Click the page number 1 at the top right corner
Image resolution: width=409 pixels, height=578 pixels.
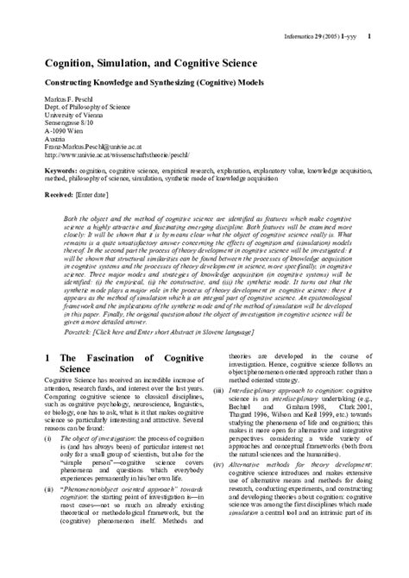[x=369, y=35]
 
